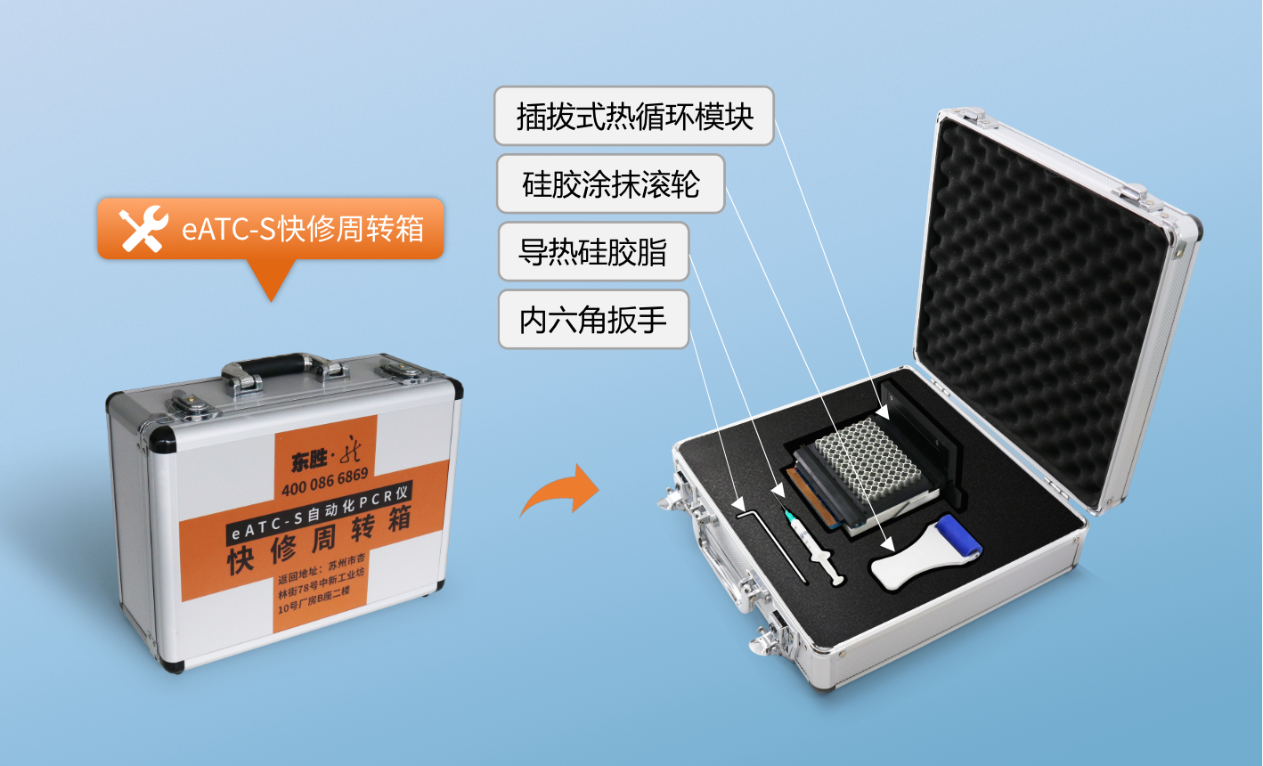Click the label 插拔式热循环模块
coord(634,116)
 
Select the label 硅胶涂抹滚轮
coord(611,183)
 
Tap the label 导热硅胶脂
coord(593,251)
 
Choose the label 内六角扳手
coord(593,320)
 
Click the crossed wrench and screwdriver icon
coord(143,228)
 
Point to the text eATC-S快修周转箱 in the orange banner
coord(303,229)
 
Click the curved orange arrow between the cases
coord(559,490)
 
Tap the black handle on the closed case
coord(275,365)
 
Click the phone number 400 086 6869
coord(325,483)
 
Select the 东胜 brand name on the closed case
coord(309,460)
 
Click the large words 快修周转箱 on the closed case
coord(319,539)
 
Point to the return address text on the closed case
coord(321,583)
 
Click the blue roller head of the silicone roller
coord(959,536)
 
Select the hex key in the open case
coord(771,545)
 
